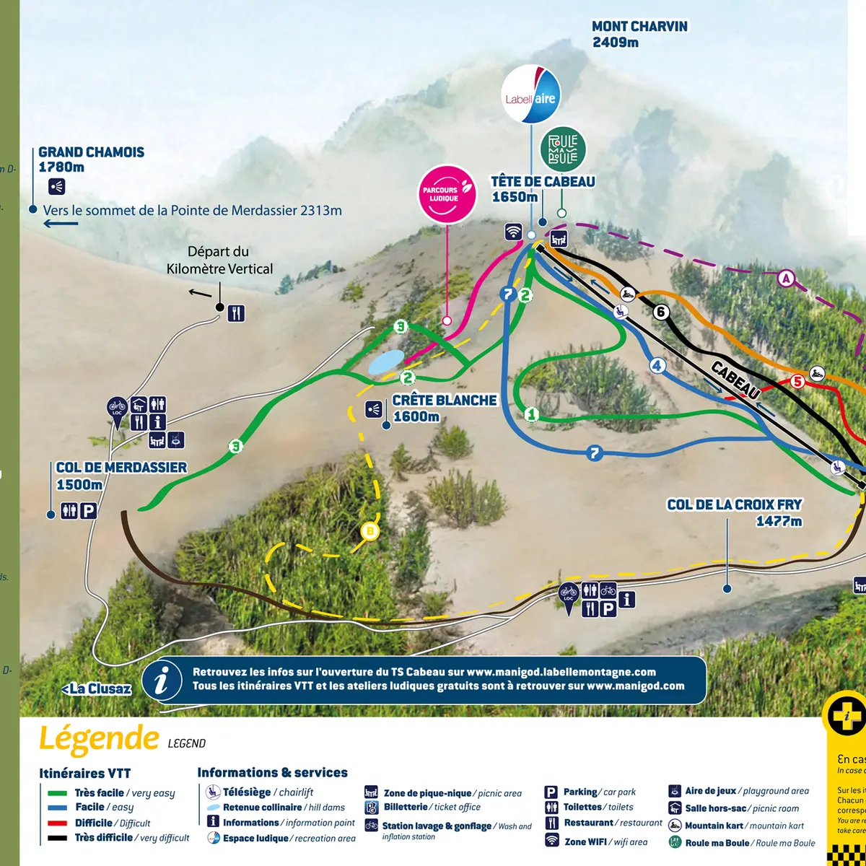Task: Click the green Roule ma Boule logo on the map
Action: (563, 149)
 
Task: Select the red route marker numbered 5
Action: (797, 381)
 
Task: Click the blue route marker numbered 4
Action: (657, 366)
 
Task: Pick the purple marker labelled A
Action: (786, 278)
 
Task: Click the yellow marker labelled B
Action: (369, 532)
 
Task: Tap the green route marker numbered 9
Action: (401, 327)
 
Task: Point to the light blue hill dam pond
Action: (386, 362)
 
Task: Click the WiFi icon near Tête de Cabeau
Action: (512, 232)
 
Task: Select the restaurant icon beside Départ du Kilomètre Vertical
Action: (236, 313)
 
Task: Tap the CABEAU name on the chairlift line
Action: (735, 380)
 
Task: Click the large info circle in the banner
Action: (162, 680)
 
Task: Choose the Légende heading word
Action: (98, 738)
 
